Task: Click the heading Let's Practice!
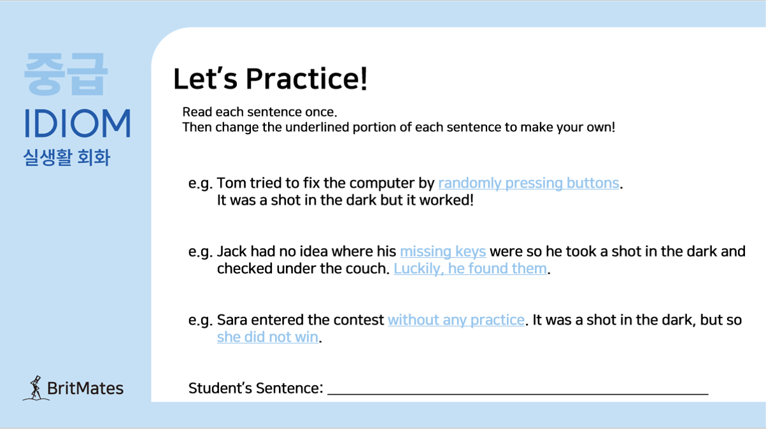point(270,79)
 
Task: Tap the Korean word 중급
point(66,74)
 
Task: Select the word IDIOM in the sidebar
point(77,123)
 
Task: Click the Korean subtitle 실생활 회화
point(67,158)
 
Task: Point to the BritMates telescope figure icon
point(35,388)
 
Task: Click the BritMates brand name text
point(85,388)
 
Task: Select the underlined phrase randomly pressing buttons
point(528,183)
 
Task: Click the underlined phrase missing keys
point(443,251)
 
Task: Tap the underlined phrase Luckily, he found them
point(470,269)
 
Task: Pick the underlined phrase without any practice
point(456,320)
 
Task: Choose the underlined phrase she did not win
point(268,337)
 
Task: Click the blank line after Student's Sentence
point(518,394)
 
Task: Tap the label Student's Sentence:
point(256,388)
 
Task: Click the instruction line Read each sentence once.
point(260,112)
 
